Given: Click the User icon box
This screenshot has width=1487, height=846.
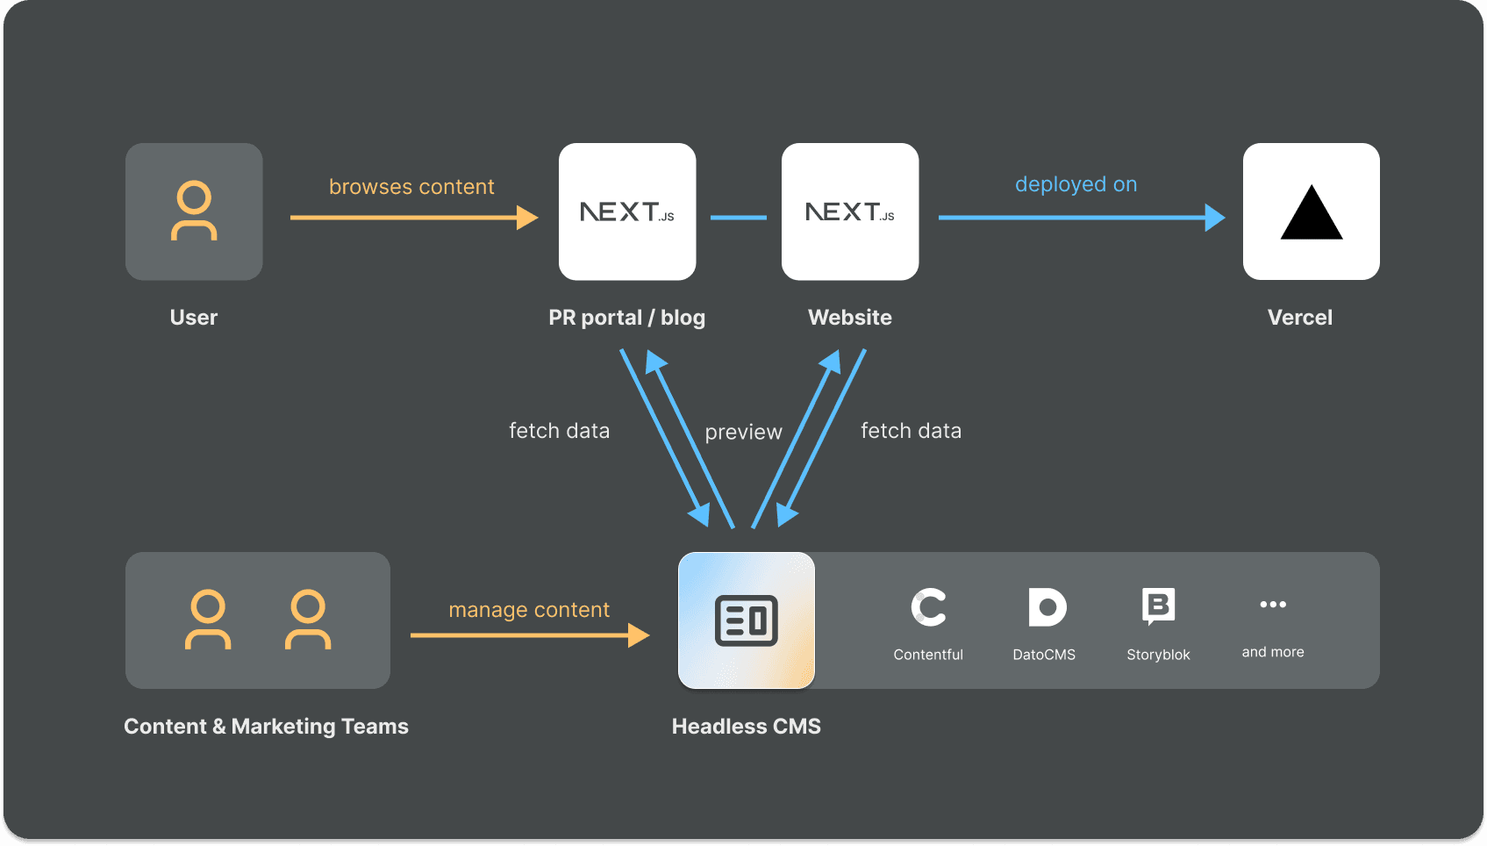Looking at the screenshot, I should pyautogui.click(x=194, y=211).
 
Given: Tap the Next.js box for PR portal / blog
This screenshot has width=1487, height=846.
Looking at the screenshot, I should pyautogui.click(x=627, y=211).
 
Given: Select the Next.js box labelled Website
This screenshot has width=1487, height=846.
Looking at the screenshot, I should pyautogui.click(x=850, y=211).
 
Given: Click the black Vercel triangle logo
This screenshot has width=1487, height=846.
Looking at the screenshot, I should pyautogui.click(x=1312, y=214).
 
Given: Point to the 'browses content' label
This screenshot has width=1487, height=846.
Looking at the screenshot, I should pyautogui.click(x=411, y=187).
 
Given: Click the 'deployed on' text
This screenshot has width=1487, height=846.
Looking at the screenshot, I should pyautogui.click(x=1076, y=184).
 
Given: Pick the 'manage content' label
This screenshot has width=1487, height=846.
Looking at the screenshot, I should pyautogui.click(x=529, y=610).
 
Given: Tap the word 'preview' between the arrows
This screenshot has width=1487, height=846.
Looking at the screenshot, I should pyautogui.click(x=743, y=432).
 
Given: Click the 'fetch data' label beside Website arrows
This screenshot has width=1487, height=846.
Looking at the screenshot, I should pyautogui.click(x=911, y=431).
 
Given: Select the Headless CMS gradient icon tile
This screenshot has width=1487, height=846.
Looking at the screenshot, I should pyautogui.click(x=747, y=620).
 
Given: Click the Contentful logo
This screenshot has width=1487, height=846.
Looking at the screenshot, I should pyautogui.click(x=928, y=607).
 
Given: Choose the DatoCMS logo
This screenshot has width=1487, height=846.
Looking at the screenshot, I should pyautogui.click(x=1047, y=607).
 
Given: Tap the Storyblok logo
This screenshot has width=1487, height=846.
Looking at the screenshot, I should pyautogui.click(x=1158, y=606).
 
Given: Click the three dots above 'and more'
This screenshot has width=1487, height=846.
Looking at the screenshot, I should pyautogui.click(x=1273, y=604).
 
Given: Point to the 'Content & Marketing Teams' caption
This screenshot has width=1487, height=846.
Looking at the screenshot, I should pyautogui.click(x=266, y=727).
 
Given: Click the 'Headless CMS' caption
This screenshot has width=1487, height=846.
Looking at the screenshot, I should pyautogui.click(x=747, y=727).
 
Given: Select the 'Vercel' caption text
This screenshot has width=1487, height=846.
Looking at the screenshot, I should pyautogui.click(x=1300, y=318).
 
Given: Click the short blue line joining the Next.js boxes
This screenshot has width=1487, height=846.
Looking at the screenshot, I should pyautogui.click(x=739, y=218).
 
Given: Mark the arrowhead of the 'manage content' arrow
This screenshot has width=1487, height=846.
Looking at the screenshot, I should pyautogui.click(x=640, y=634).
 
